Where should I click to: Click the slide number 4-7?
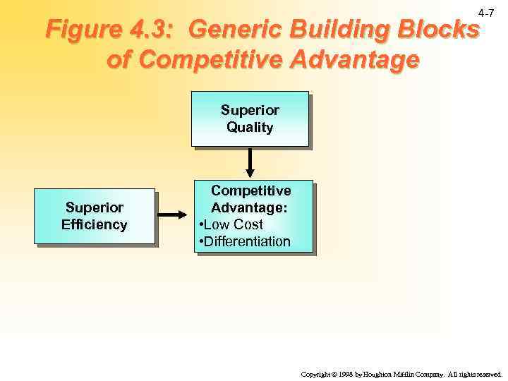[x=486, y=13]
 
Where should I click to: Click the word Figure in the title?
[x=80, y=30]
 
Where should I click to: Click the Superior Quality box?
[x=250, y=119]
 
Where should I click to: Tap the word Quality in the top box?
[x=250, y=128]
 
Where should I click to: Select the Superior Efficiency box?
[x=94, y=216]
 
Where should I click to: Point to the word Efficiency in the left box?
[x=95, y=225]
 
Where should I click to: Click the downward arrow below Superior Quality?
[x=250, y=163]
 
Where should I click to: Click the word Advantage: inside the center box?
[x=250, y=208]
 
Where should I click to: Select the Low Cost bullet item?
[x=234, y=225]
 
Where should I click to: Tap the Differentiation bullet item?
[x=246, y=242]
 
